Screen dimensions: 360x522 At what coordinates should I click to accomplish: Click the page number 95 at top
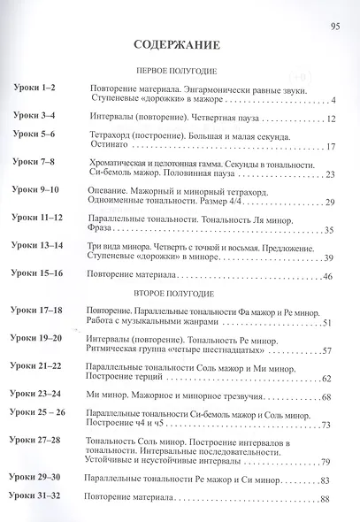click(x=334, y=26)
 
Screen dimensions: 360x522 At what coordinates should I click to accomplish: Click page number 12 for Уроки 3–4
click(x=326, y=118)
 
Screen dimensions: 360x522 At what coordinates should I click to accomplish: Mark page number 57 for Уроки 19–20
click(x=326, y=351)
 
